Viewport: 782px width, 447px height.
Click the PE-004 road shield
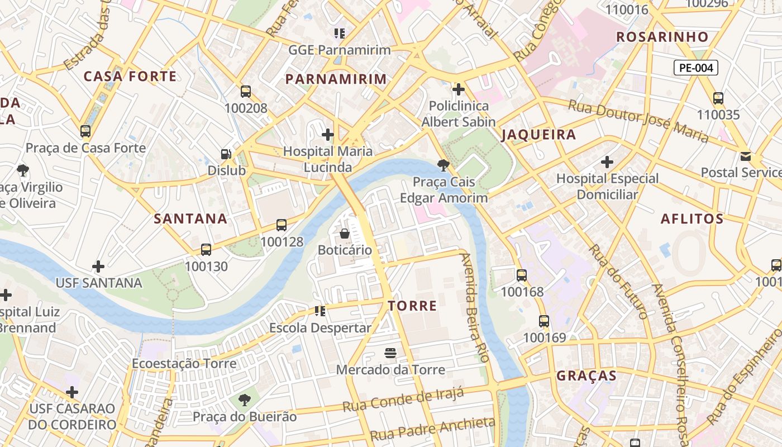(x=695, y=68)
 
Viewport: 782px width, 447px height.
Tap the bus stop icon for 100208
(x=246, y=92)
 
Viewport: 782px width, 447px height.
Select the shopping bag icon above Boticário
(x=345, y=233)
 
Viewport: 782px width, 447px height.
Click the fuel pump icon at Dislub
(x=226, y=154)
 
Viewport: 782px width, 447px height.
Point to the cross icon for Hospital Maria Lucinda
(x=328, y=135)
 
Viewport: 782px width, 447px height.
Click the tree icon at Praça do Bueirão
(x=244, y=400)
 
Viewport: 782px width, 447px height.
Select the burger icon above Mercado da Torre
(x=390, y=353)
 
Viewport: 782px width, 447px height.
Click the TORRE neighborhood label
(x=412, y=306)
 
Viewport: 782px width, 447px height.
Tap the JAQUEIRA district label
(x=538, y=135)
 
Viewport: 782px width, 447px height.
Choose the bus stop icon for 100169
(x=544, y=321)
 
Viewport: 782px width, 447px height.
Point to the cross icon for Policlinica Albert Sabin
(x=459, y=89)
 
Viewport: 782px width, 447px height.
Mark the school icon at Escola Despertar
(x=320, y=311)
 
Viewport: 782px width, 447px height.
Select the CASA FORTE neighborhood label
(x=130, y=77)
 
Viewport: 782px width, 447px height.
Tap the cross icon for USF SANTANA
(x=98, y=267)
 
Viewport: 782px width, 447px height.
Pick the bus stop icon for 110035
(x=718, y=98)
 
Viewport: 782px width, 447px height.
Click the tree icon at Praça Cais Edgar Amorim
(x=444, y=165)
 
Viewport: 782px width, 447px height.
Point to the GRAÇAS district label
(x=586, y=375)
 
